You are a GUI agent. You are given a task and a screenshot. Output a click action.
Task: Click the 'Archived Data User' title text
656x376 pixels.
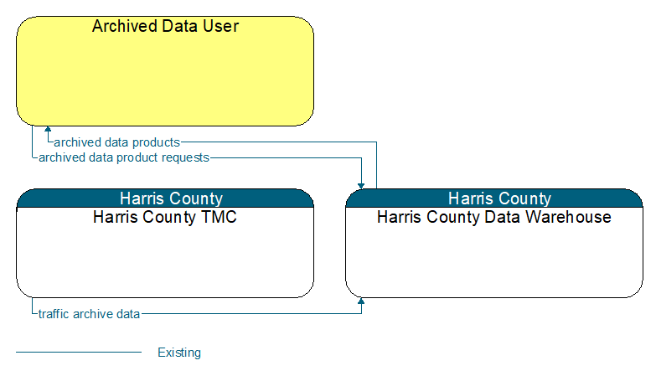point(165,26)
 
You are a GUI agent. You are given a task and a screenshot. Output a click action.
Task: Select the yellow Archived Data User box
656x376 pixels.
point(165,71)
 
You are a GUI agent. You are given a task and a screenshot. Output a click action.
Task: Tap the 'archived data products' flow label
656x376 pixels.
point(116,142)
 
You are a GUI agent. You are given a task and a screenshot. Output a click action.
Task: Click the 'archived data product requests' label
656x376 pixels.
point(124,157)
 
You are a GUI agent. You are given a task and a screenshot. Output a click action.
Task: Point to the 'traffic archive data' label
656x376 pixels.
point(89,314)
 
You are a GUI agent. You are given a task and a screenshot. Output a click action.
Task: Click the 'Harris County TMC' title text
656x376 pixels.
point(165,217)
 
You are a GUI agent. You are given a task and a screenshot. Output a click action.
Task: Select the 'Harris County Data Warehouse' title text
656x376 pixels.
point(494,217)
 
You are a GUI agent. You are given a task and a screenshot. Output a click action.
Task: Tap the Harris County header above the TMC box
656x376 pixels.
point(171,198)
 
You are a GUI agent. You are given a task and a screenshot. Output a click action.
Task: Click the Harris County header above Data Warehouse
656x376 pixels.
point(499,198)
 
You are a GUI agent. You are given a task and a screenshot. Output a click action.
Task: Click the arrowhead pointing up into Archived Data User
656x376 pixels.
point(48,129)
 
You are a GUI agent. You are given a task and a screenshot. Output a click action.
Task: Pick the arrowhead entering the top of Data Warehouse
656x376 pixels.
point(361,186)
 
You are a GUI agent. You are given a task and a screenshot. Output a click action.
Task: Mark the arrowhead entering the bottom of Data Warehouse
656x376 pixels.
point(361,301)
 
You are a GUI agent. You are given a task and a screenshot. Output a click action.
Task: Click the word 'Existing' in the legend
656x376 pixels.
point(179,353)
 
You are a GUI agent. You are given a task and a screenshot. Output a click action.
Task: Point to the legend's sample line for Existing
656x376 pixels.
point(79,353)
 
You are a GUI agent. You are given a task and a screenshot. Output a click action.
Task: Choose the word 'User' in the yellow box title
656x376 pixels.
point(220,26)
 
